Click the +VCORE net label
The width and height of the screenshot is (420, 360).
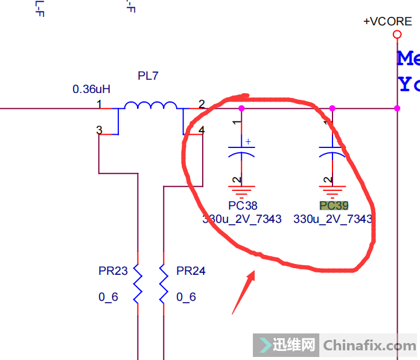click(x=387, y=21)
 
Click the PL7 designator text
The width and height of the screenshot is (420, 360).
click(x=148, y=76)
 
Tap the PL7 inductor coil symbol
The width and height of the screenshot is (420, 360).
click(x=150, y=106)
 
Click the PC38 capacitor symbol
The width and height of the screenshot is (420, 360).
click(x=241, y=150)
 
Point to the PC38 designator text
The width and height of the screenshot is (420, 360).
click(x=243, y=206)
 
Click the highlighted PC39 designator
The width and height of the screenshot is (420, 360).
click(x=334, y=206)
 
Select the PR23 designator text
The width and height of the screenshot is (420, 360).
click(x=113, y=271)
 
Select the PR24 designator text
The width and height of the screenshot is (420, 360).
click(x=191, y=271)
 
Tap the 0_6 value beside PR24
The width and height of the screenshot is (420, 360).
click(x=186, y=297)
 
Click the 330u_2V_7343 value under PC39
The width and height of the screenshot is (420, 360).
click(x=332, y=219)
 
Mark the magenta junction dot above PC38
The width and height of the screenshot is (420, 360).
click(x=241, y=108)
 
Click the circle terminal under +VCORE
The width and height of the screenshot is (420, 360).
click(x=397, y=34)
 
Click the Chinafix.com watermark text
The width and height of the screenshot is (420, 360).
click(x=369, y=346)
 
